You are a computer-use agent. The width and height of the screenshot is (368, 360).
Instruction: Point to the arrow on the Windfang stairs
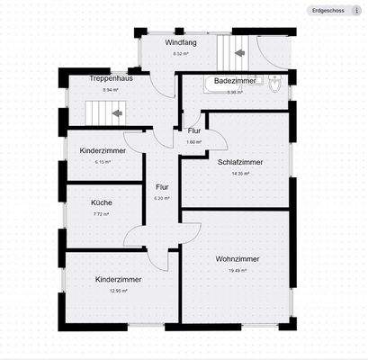point(239,53)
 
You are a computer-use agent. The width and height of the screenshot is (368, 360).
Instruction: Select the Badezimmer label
point(237,81)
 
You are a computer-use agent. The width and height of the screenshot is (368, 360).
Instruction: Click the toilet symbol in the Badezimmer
point(275,86)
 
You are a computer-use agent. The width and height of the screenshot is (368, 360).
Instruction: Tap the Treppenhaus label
point(111,79)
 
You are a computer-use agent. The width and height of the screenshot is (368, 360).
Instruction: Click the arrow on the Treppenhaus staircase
point(117,113)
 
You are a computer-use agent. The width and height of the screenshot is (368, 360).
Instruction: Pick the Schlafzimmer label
point(238,162)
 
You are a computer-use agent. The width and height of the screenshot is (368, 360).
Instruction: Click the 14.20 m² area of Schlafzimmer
point(239,175)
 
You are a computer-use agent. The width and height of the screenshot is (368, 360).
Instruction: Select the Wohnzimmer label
point(238,258)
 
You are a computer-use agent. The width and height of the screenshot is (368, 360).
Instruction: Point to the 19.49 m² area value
point(238,271)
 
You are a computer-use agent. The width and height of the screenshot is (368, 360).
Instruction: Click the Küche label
point(102,202)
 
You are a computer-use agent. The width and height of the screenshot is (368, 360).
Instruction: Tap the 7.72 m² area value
point(102,215)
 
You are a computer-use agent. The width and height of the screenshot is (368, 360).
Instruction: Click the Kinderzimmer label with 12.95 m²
point(118,279)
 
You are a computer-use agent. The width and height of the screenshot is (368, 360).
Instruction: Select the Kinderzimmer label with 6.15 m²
point(102,150)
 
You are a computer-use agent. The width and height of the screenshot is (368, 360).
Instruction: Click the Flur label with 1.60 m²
point(194,131)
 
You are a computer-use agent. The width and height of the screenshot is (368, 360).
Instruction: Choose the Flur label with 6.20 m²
point(162,186)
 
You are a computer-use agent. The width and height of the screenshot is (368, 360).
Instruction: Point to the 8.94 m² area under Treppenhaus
point(111,91)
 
